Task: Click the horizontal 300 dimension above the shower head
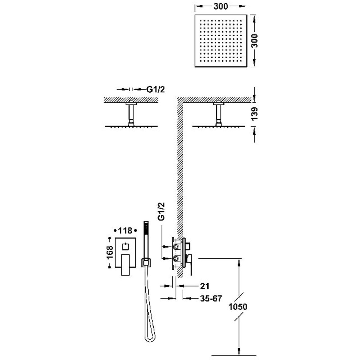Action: tap(221, 7)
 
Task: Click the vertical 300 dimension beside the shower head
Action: tap(254, 41)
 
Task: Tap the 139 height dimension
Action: tap(254, 114)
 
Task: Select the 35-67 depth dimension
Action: tap(211, 298)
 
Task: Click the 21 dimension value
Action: tap(205, 286)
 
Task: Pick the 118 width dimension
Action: tap(125, 230)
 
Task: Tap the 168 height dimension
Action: tap(110, 252)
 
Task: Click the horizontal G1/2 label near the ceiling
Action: tap(155, 90)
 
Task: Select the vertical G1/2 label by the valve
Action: tap(162, 212)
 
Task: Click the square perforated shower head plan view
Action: tap(221, 41)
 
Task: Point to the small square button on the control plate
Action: tap(125, 247)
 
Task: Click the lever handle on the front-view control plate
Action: tap(125, 265)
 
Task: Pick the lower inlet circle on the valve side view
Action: tap(176, 258)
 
